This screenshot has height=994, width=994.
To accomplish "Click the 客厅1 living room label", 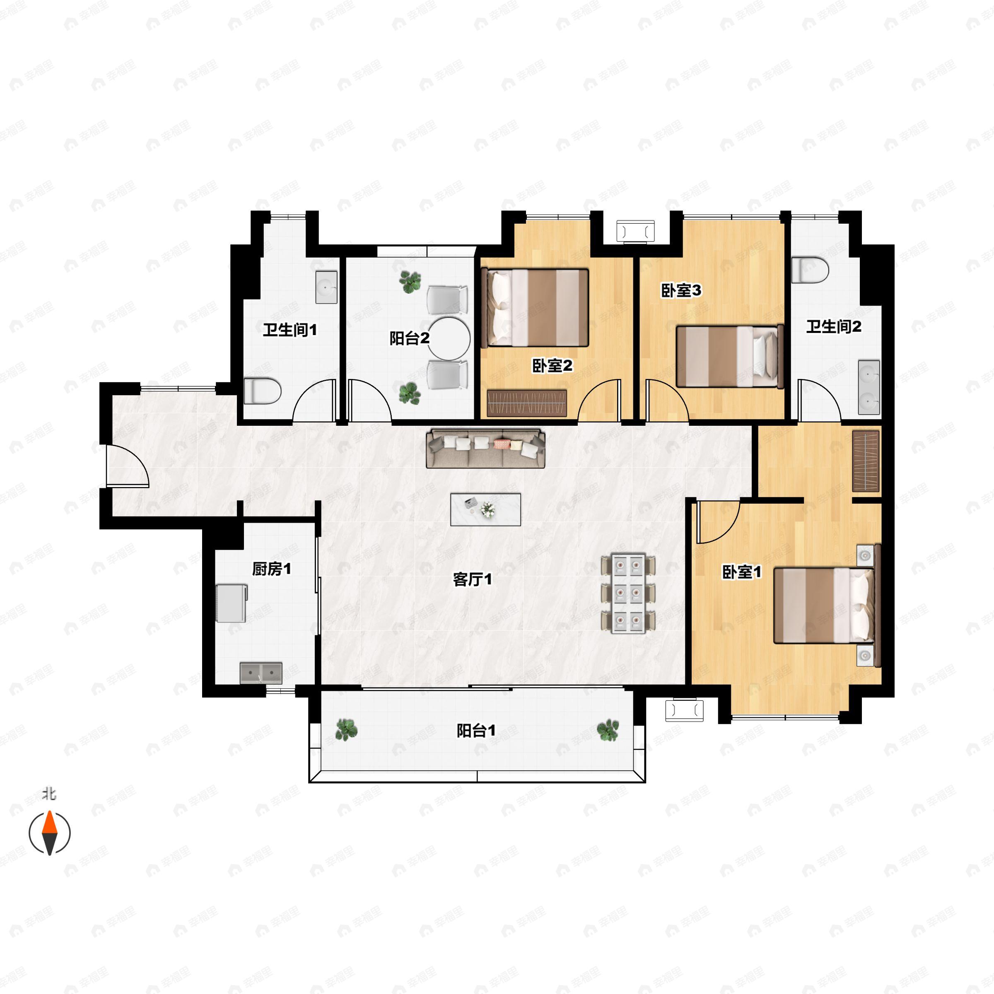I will (x=472, y=580).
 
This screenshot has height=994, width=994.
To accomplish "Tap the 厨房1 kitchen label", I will (x=271, y=569).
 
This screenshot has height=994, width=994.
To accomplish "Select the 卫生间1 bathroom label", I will (x=290, y=330).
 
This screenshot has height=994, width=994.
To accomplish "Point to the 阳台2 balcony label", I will (x=409, y=338).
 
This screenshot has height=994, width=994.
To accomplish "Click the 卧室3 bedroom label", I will (x=680, y=291).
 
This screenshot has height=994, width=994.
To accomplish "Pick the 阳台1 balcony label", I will (x=476, y=731).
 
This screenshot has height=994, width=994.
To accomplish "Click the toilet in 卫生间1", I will (x=263, y=391).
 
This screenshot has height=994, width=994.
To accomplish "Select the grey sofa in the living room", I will (x=485, y=449).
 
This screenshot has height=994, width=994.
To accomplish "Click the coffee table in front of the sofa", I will (x=485, y=509).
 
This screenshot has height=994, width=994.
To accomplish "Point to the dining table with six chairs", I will (x=628, y=593).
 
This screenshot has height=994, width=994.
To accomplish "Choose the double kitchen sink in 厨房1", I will (x=261, y=673).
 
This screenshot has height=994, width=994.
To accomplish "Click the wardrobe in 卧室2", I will (x=526, y=403).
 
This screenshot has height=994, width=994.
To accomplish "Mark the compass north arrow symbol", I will (x=49, y=832).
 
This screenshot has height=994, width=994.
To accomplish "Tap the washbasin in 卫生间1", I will (x=326, y=287).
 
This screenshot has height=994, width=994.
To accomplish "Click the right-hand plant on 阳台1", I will (x=608, y=730).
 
